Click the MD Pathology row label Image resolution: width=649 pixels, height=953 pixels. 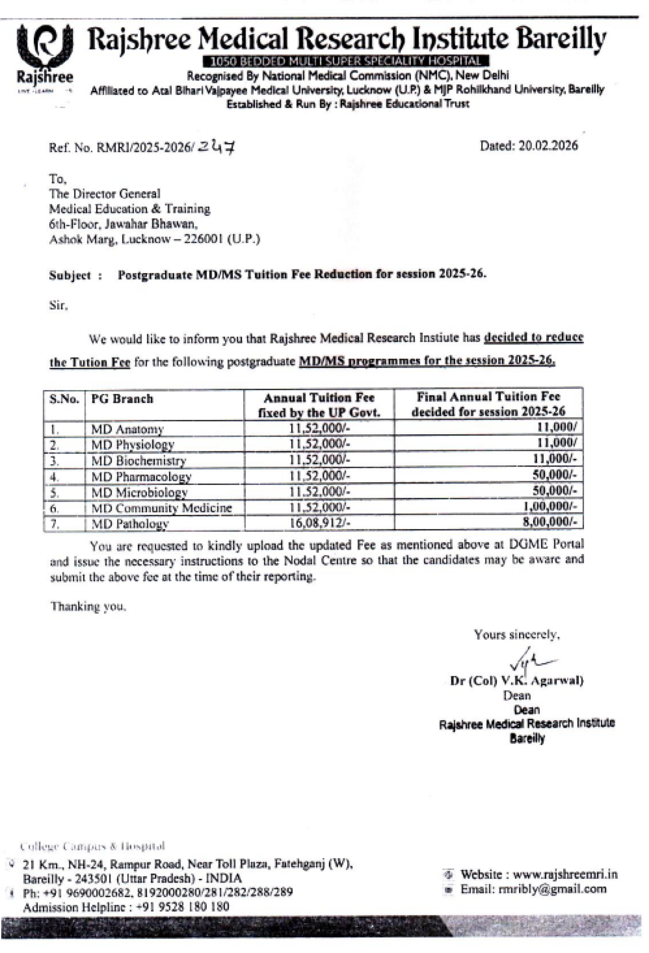[129, 524]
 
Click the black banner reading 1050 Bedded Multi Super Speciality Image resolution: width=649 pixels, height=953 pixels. [346, 62]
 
